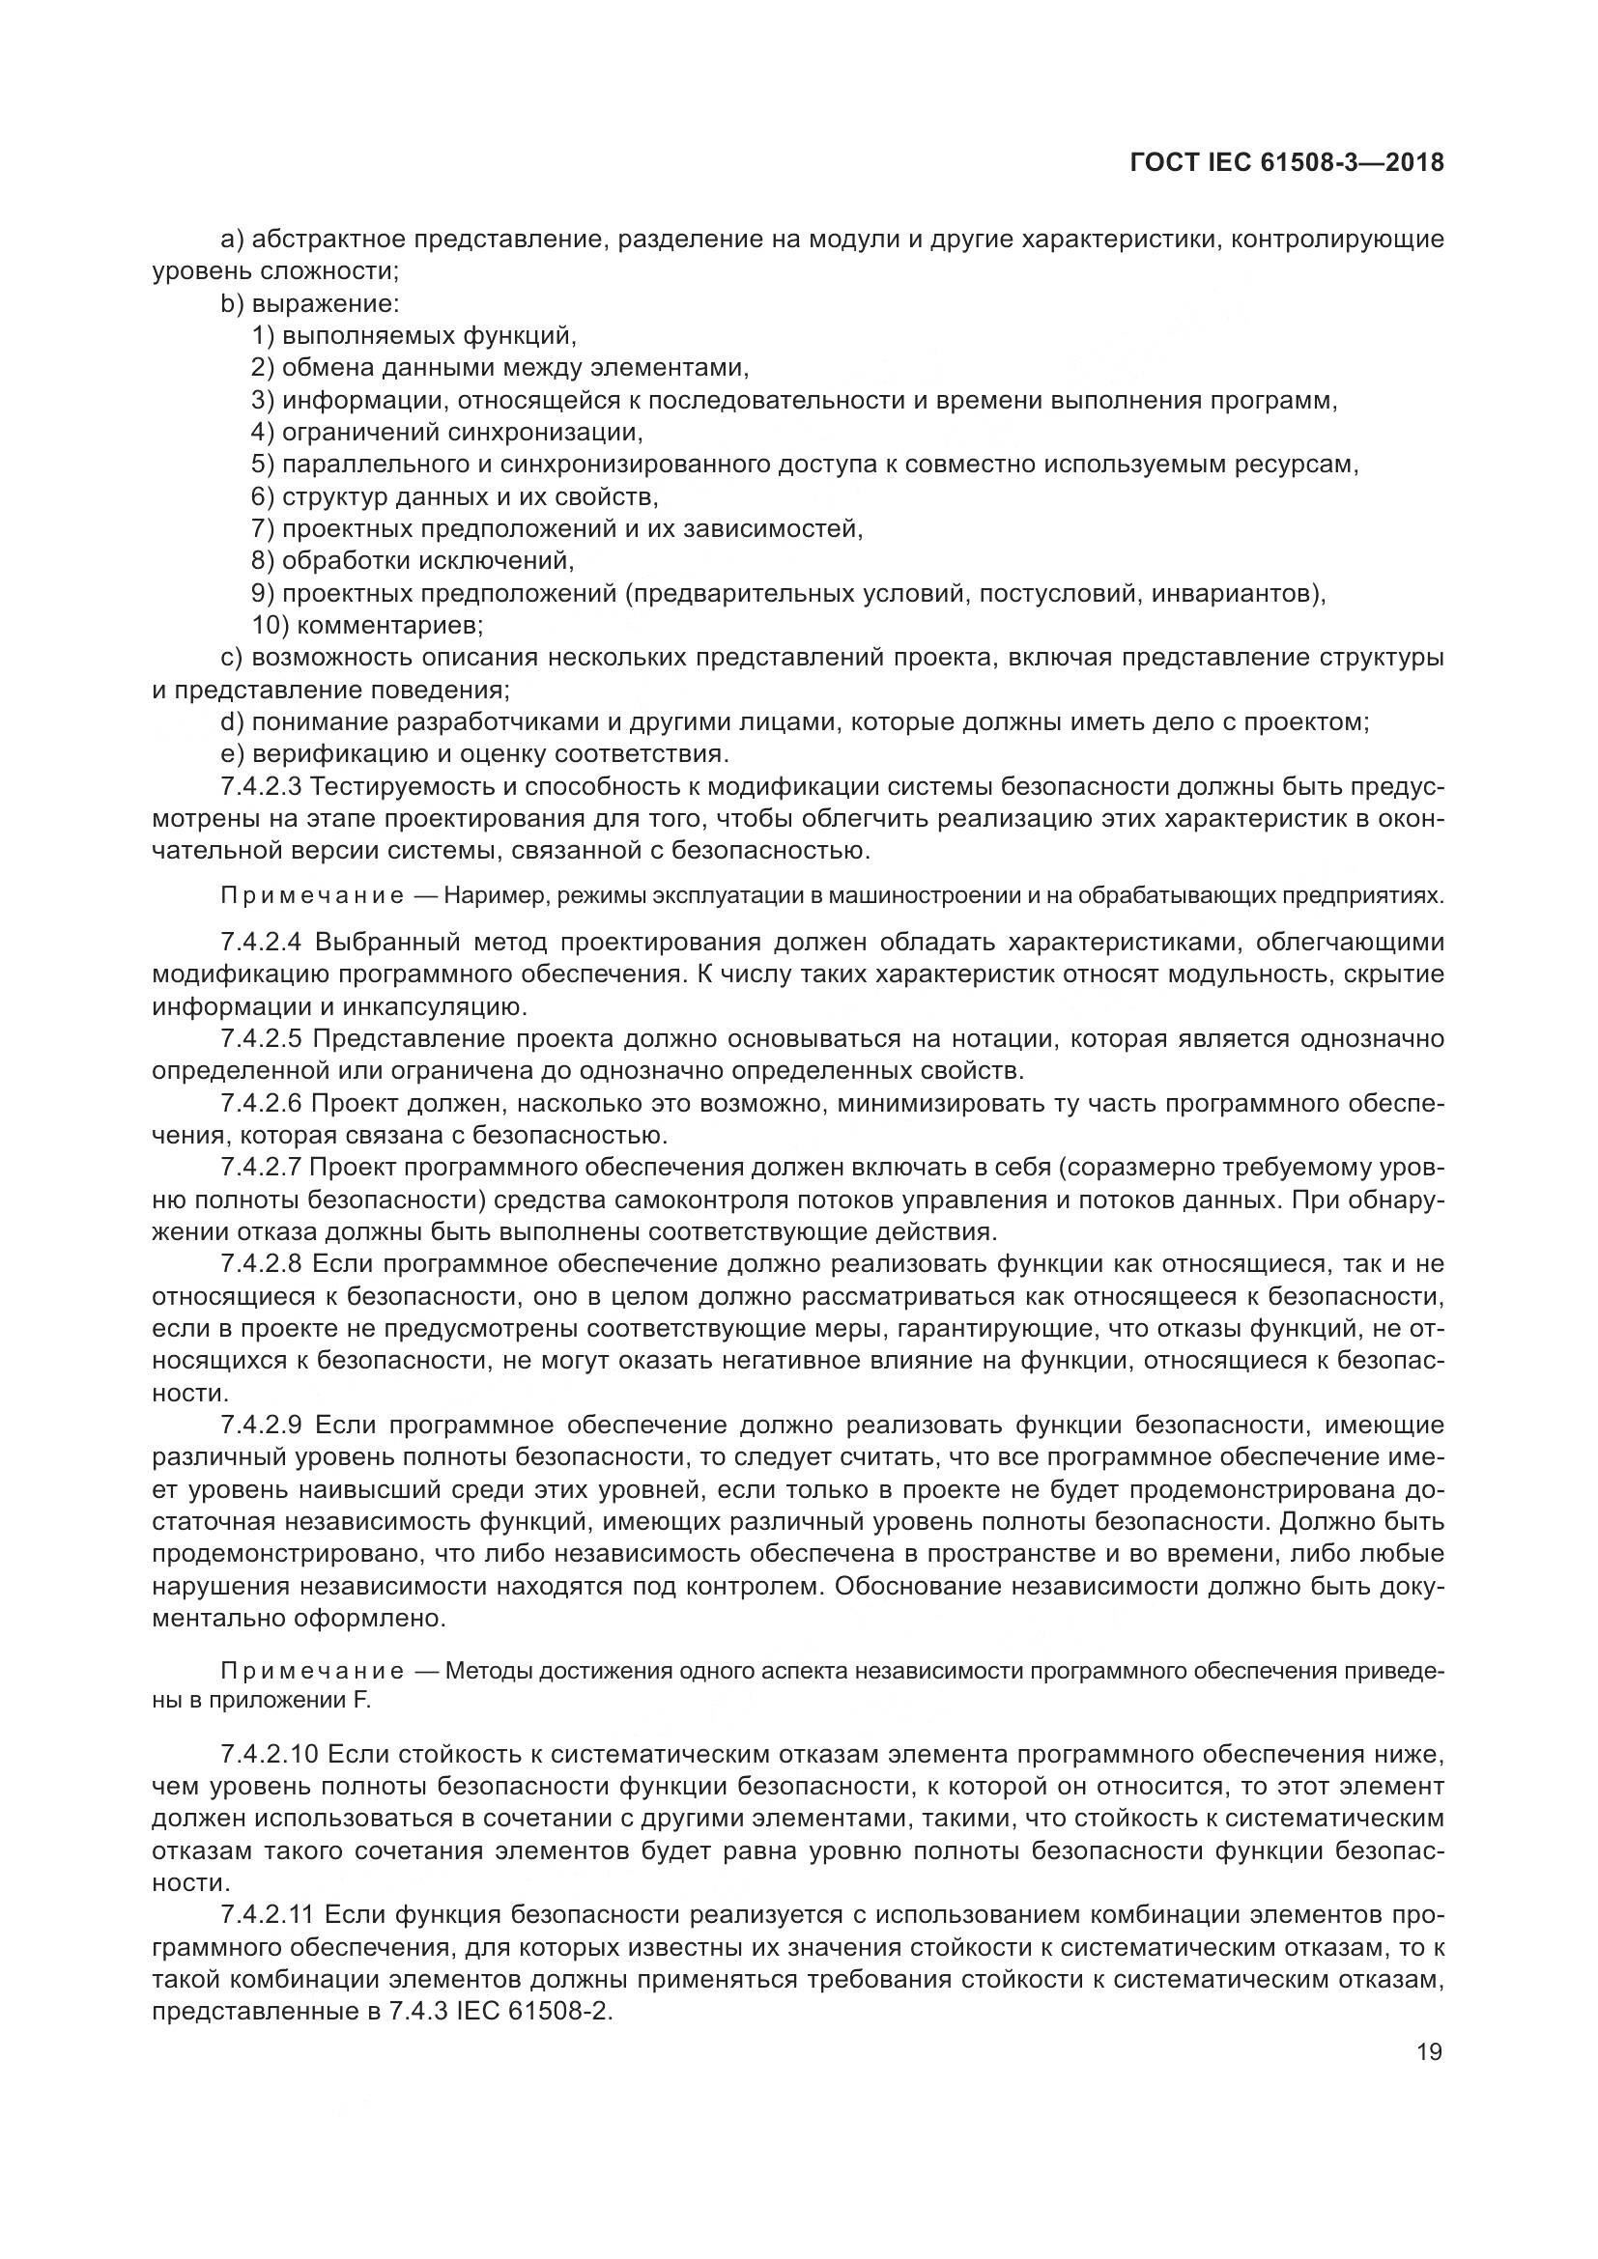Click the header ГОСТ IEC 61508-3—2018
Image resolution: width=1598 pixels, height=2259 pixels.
1287,163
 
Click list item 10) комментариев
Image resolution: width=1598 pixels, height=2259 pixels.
367,625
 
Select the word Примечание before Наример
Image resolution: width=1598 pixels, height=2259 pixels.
312,896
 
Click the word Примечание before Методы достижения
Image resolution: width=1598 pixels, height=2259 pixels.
312,1671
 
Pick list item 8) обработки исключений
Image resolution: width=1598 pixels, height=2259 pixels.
413,561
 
